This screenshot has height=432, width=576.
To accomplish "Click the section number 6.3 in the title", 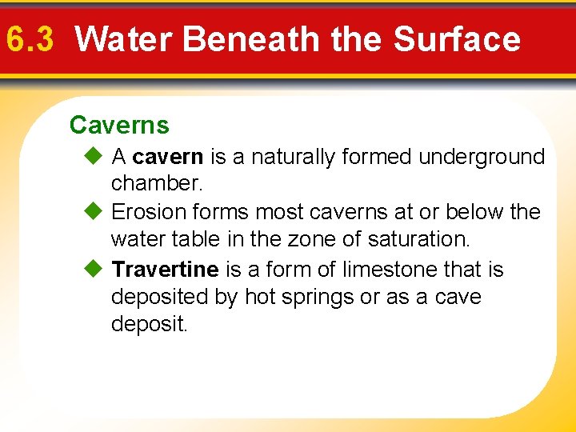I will tap(29, 39).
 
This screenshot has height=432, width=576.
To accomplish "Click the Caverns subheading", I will tap(119, 126).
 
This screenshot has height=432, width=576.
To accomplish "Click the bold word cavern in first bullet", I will tap(168, 158).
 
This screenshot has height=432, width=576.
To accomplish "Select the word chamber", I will tap(158, 183).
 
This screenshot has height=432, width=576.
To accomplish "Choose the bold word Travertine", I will tap(166, 270).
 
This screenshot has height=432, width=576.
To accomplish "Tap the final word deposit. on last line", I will tap(150, 325).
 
